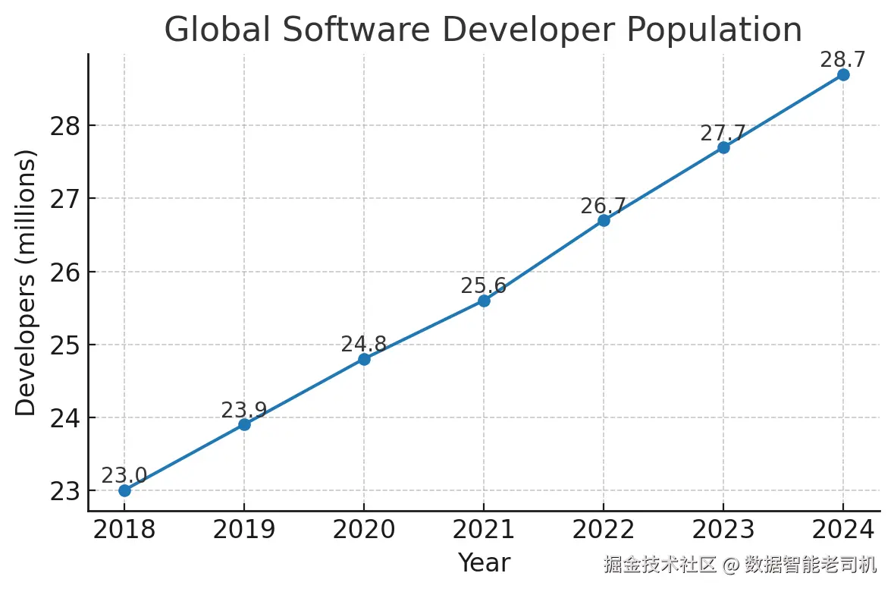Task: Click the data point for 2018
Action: coord(124,490)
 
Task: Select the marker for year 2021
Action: coord(484,301)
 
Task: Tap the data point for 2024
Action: coord(843,74)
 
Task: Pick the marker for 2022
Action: coord(604,220)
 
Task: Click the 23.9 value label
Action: coord(244,411)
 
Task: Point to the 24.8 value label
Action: coord(364,345)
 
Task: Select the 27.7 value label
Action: coord(723,134)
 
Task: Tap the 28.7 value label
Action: coord(843,60)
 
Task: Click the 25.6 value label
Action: coord(484,286)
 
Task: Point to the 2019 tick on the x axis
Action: coord(244,530)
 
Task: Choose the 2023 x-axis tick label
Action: coord(723,530)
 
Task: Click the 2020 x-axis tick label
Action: coord(364,530)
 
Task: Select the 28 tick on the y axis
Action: coord(66,126)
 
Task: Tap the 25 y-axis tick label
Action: coord(66,345)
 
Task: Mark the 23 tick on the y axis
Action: coord(66,491)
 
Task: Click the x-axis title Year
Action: coord(484,563)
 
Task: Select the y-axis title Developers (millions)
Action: coord(27,282)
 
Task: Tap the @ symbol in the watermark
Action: coord(730,565)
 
